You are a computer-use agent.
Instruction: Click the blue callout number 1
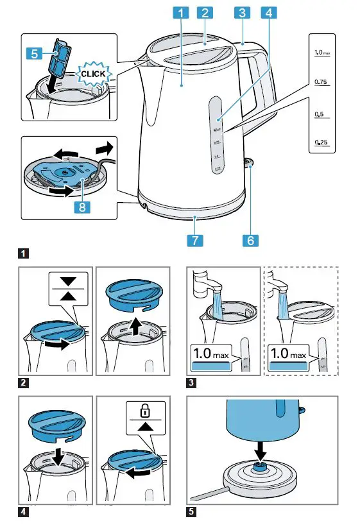[182, 12]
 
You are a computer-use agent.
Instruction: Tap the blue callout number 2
[205, 12]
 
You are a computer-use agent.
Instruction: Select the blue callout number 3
[242, 12]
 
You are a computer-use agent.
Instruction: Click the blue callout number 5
[36, 54]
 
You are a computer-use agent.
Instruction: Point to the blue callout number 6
[250, 240]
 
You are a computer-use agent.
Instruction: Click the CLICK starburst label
[92, 74]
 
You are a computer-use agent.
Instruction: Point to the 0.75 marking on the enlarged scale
[321, 83]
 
